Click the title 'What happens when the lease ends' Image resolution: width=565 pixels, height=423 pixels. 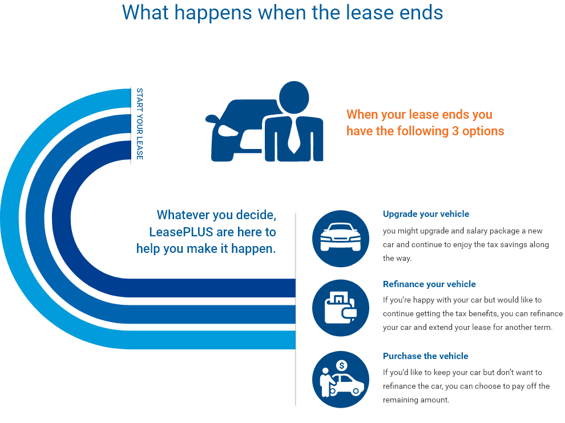coord(282,12)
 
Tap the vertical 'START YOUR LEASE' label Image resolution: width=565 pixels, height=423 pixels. coord(139,123)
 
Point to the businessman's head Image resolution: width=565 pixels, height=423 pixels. coord(294,96)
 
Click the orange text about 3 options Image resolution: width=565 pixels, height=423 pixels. coord(425,123)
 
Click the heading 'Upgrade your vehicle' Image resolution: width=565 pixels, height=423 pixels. coord(426,214)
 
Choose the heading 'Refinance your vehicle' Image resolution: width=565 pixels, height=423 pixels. coord(429,284)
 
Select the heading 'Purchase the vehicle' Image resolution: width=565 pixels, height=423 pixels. coord(425,356)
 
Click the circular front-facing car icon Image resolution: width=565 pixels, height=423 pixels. coord(340,239)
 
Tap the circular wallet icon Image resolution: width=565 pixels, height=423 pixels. coord(340,308)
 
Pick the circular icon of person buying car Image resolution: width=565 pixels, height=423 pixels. coord(340,379)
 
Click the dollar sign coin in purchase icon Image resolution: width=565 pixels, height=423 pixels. coord(342,365)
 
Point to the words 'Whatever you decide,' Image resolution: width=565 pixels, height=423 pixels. coord(216,215)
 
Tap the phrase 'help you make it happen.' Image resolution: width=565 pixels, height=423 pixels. coord(206,249)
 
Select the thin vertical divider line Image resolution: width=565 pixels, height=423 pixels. coord(295,308)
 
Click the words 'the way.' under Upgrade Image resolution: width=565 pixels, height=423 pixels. coord(397,258)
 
